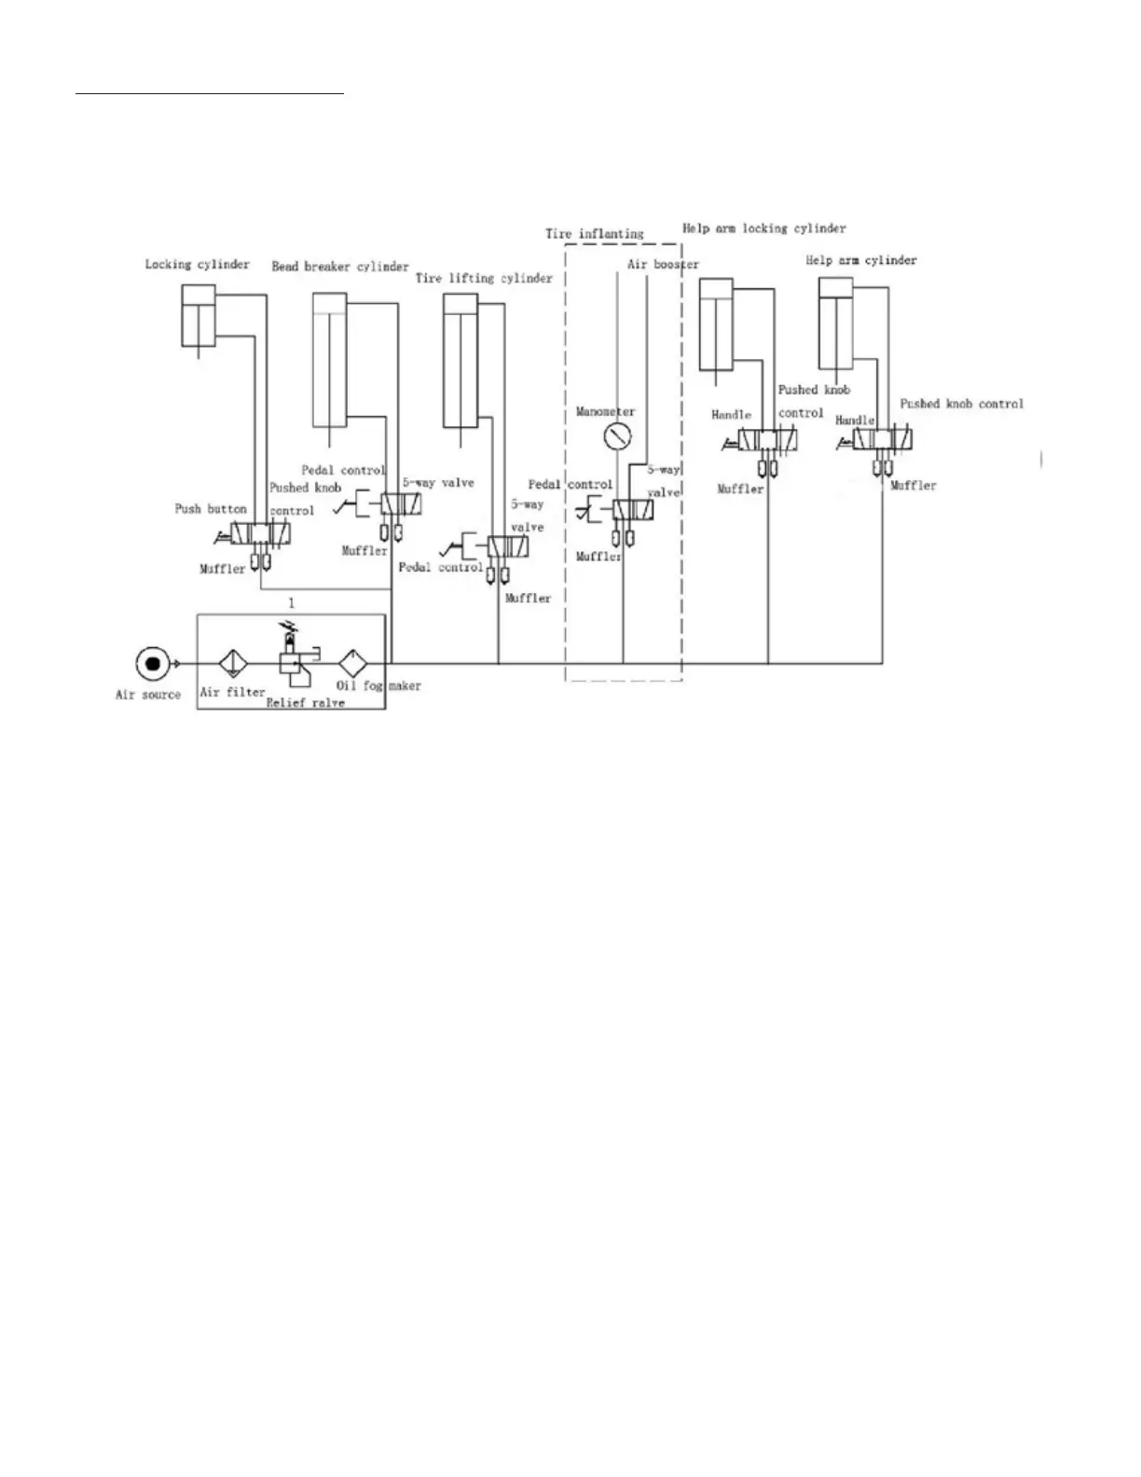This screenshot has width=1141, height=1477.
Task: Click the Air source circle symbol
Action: click(152, 663)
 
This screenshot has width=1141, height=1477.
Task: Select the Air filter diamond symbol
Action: click(231, 664)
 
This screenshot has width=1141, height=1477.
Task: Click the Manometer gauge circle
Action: click(616, 435)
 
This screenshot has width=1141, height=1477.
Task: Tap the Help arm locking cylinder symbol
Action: click(716, 324)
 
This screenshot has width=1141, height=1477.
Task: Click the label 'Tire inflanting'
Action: click(594, 233)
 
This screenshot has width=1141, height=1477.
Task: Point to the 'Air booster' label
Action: click(663, 264)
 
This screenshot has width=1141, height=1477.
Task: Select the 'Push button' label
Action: click(211, 509)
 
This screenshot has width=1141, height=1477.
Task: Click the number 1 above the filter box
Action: click(291, 603)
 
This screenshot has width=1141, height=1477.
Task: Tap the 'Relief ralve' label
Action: click(305, 702)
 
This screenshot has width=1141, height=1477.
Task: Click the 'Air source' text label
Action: click(148, 695)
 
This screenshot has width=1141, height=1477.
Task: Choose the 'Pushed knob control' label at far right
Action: click(961, 404)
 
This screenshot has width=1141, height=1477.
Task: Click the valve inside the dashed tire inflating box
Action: click(633, 510)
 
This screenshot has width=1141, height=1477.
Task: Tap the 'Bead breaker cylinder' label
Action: click(340, 267)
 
